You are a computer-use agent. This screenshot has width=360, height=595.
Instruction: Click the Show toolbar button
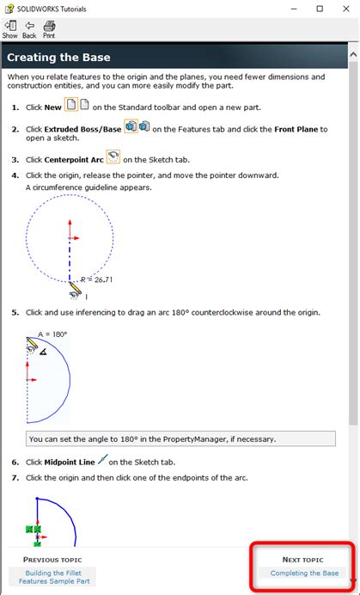[9, 29]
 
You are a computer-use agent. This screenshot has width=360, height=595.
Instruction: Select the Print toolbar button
[49, 29]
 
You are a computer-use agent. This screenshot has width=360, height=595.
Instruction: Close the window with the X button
[346, 9]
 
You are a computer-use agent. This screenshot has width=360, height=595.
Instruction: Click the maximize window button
[320, 9]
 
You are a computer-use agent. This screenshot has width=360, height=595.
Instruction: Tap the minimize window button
[294, 9]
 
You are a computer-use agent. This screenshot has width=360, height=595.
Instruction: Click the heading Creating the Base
[58, 58]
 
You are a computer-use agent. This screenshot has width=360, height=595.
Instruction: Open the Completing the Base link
[305, 573]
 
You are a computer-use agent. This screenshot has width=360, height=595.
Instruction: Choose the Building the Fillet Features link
[54, 577]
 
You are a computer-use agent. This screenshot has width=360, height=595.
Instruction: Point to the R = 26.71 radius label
[96, 280]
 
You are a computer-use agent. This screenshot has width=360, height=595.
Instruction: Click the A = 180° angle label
[52, 334]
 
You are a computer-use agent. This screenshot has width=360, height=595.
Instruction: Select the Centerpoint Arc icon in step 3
[113, 157]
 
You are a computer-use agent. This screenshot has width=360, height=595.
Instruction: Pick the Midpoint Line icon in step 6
[103, 460]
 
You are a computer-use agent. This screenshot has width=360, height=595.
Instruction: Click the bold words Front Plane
[296, 129]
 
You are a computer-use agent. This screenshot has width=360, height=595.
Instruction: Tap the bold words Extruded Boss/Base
[82, 129]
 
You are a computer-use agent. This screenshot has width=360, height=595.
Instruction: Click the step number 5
[15, 313]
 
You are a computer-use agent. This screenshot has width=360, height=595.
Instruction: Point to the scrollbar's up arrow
[353, 55]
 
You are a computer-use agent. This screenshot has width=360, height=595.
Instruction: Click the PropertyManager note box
[180, 439]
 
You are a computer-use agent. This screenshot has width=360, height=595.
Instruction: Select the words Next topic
[302, 560]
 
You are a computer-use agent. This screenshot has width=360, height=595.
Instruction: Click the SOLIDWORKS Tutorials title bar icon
[9, 9]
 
